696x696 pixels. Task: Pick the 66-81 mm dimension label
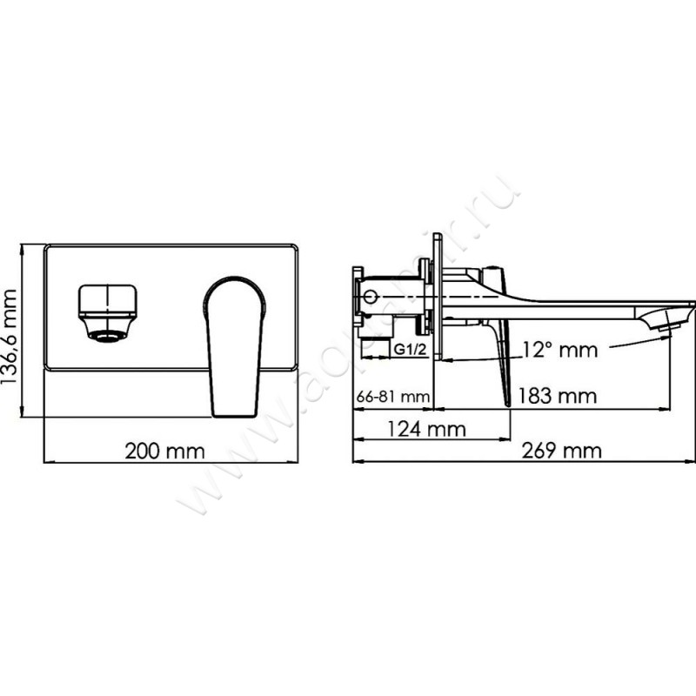392,397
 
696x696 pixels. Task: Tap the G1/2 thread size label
408,350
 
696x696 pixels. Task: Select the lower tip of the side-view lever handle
506,402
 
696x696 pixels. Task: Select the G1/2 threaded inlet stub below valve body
379,329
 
